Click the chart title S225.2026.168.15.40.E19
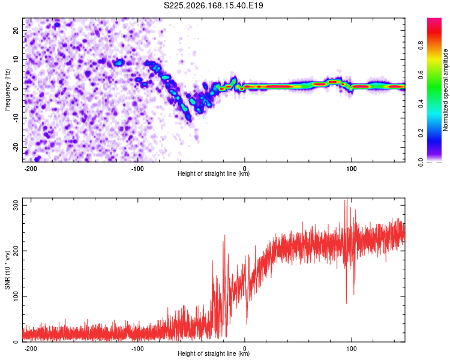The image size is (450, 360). [x=213, y=5]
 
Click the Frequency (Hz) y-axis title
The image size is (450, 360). [x=7, y=90]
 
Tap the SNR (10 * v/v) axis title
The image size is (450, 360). [x=7, y=270]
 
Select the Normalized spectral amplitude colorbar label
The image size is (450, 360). [x=445, y=90]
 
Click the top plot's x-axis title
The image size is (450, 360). [x=214, y=173]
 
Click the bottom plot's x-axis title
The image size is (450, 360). [x=214, y=353]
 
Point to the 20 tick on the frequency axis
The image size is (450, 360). [x=16, y=31]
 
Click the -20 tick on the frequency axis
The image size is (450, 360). [x=16, y=147]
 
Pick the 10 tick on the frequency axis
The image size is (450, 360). [x=16, y=59]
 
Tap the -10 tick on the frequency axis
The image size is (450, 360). [x=16, y=118]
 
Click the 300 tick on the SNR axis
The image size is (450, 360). [x=16, y=205]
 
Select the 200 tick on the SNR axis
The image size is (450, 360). [x=16, y=251]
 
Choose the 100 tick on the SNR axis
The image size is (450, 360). [x=16, y=296]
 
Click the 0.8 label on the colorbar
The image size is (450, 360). [x=421, y=46]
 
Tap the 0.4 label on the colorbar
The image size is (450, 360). [x=421, y=104]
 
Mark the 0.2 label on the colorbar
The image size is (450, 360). [x=421, y=133]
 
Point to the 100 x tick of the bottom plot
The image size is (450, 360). [x=351, y=349]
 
